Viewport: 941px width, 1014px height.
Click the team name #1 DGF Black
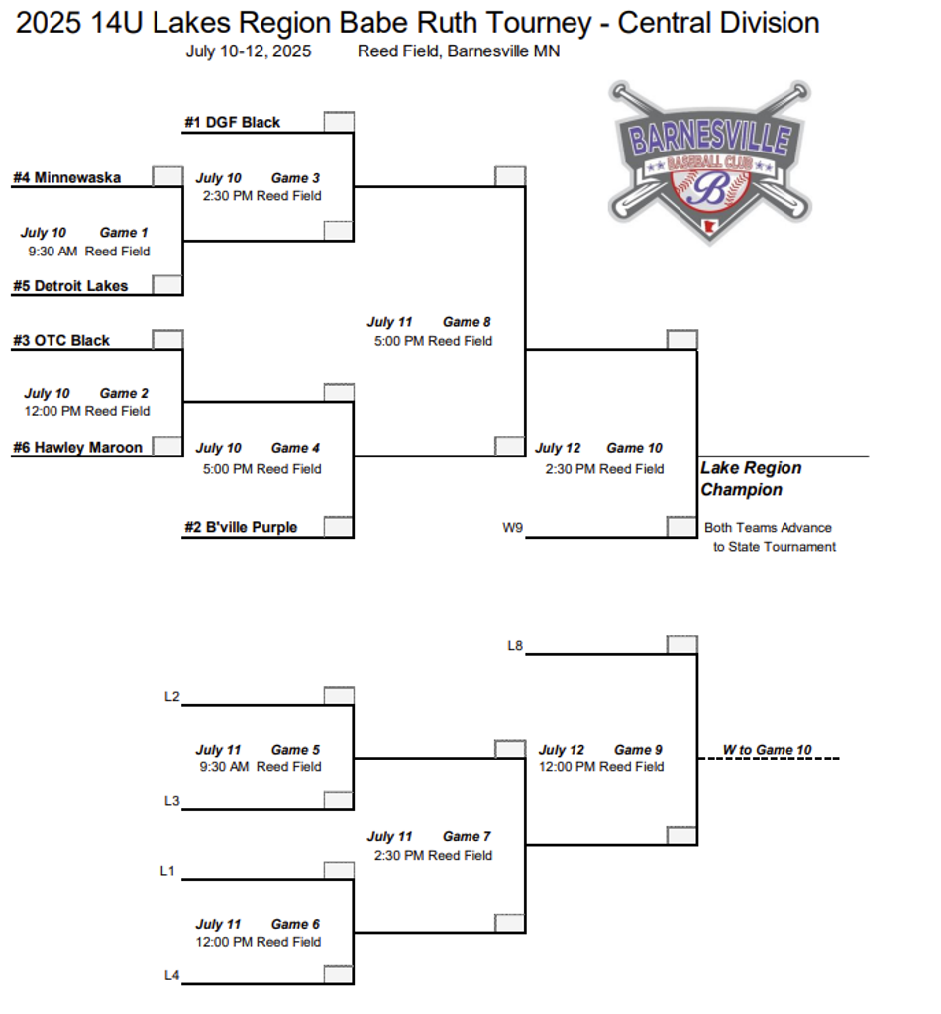232,123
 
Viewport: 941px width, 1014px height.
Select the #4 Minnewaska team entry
66,178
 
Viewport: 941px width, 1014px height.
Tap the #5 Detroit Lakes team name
70,286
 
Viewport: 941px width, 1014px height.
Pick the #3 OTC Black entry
61,341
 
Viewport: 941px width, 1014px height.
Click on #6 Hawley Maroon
77,448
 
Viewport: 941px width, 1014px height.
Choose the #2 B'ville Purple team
241,528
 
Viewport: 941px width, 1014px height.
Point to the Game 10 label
634,449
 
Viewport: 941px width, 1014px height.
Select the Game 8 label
467,322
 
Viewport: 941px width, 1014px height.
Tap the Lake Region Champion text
751,479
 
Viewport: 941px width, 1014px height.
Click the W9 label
512,528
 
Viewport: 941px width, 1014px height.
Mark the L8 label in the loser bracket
514,646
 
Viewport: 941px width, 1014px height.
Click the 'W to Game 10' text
767,750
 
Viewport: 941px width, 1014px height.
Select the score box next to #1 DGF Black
339,122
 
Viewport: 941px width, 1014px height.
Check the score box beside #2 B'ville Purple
339,527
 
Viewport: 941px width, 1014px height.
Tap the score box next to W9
681,527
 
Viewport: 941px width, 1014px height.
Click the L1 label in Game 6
167,871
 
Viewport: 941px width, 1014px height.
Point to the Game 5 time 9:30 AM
224,767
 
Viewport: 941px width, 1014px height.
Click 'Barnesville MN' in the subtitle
503,51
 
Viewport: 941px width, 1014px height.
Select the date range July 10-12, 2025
249,51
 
